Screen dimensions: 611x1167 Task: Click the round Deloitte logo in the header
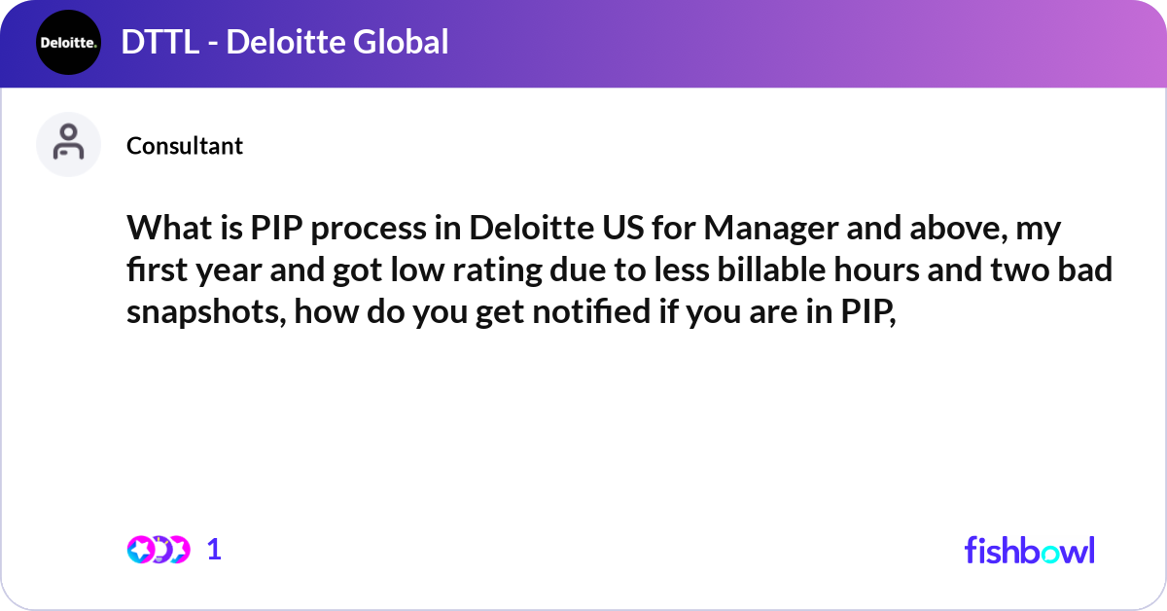(x=68, y=42)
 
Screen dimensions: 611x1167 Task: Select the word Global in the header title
(x=401, y=42)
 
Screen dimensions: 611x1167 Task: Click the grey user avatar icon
(x=68, y=144)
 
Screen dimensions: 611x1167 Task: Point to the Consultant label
(x=185, y=146)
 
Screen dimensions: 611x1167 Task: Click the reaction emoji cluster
(x=158, y=550)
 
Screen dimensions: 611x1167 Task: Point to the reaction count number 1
(x=215, y=550)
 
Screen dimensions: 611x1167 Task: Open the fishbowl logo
(x=1029, y=550)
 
